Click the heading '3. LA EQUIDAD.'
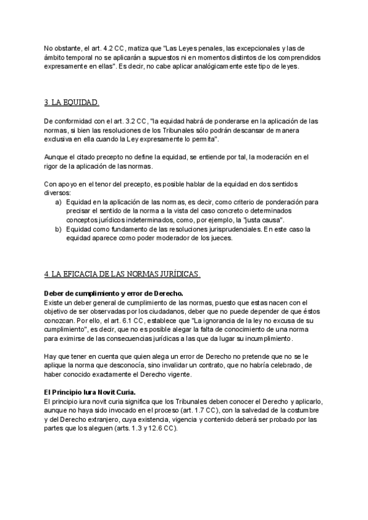pyautogui.click(x=72, y=102)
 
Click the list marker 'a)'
pyautogui.click(x=58, y=202)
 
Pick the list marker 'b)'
pyautogui.click(x=58, y=229)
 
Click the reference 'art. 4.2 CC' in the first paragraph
pyautogui.click(x=105, y=48)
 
